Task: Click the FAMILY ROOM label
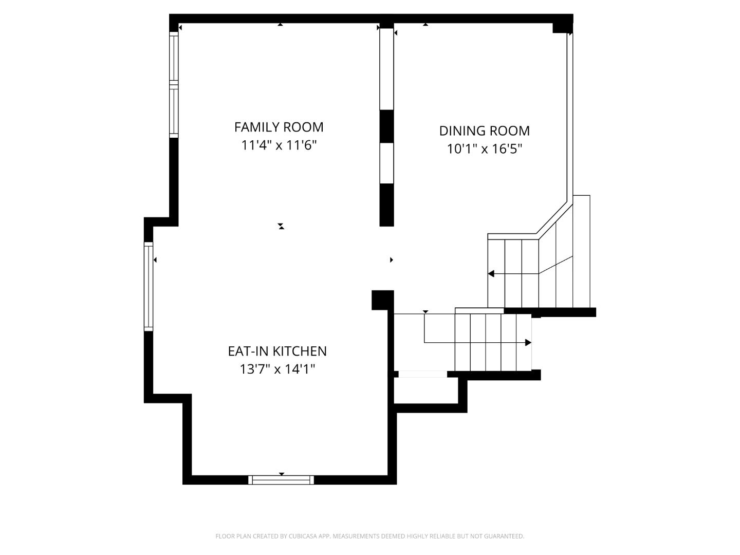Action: tap(279, 127)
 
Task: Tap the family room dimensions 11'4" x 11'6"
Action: tap(279, 145)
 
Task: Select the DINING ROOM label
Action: tap(484, 131)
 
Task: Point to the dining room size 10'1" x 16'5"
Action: tap(484, 149)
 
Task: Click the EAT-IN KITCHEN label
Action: tap(277, 351)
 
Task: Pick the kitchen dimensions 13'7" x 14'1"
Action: tap(277, 369)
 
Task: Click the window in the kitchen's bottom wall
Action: tap(281, 480)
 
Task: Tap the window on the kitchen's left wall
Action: tap(149, 286)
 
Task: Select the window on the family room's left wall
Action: tap(174, 85)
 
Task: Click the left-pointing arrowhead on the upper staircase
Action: tap(491, 274)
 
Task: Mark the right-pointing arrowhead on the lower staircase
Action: tap(528, 342)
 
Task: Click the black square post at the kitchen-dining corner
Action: tap(382, 300)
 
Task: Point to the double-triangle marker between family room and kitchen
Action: tap(281, 226)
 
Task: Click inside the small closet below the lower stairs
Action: tap(425, 391)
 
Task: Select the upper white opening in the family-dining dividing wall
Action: tap(386, 68)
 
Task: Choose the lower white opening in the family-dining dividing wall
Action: tap(386, 162)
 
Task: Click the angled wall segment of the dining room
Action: tap(555, 218)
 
